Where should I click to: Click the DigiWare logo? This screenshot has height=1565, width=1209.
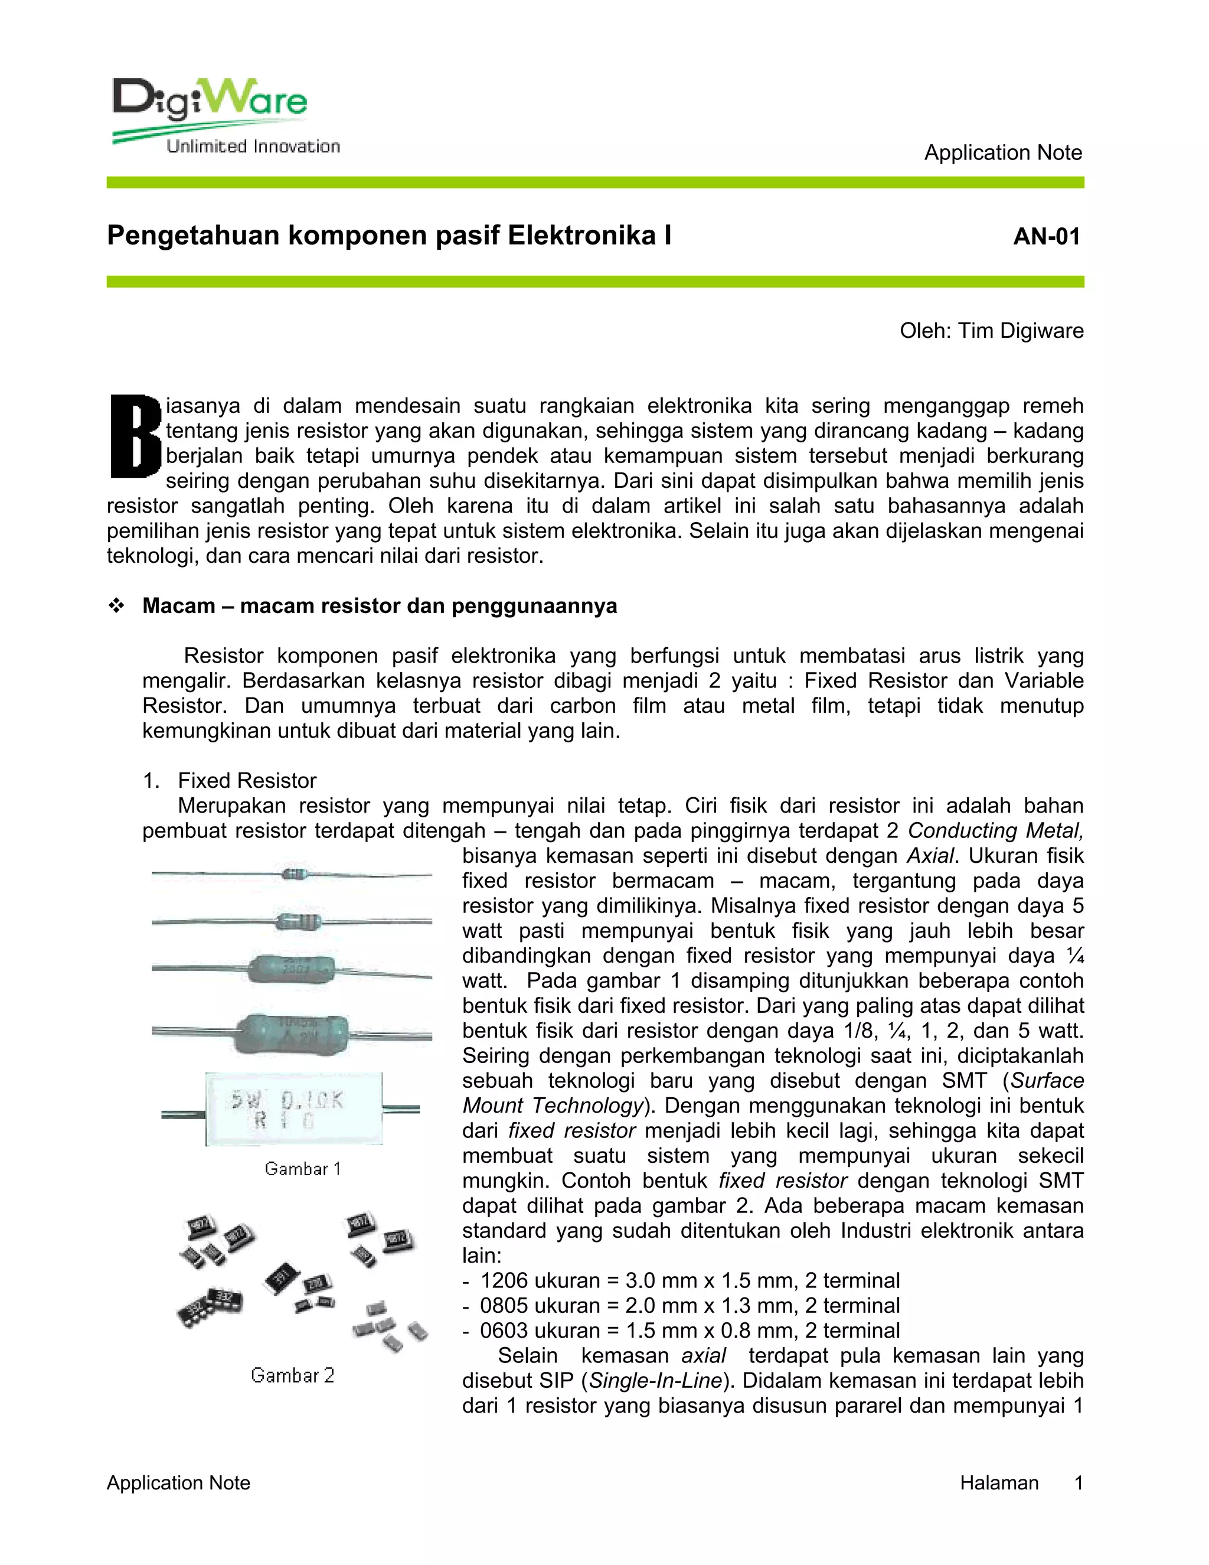tap(210, 100)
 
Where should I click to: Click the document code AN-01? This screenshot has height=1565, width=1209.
tap(1047, 236)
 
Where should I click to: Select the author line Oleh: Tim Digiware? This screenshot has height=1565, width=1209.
tap(991, 331)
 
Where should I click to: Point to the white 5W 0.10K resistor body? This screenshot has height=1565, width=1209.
tap(293, 1109)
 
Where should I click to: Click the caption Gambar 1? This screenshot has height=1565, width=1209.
tap(302, 1169)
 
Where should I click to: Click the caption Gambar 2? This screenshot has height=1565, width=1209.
tap(292, 1375)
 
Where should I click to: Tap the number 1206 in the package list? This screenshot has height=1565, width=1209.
tap(504, 1280)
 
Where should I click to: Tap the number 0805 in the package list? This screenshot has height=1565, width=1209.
tap(504, 1306)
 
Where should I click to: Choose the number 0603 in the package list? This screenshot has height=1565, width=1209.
tap(504, 1331)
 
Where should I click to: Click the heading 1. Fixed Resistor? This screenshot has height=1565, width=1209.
tap(229, 780)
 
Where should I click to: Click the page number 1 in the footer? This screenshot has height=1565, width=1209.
tap(1078, 1482)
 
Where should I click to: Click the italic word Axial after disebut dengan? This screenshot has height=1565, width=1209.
tap(930, 856)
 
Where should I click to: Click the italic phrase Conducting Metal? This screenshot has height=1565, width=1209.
tap(995, 830)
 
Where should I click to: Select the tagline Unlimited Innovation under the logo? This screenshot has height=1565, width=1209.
tap(253, 147)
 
